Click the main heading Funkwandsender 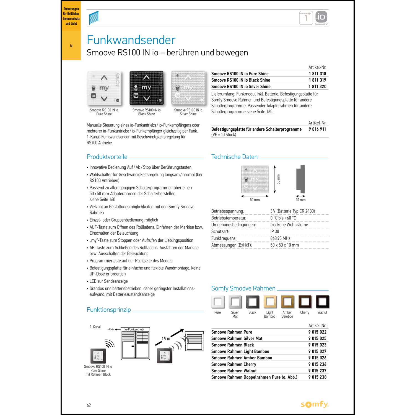tap(131, 40)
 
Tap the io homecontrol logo tap(321, 17)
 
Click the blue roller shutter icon tap(94, 18)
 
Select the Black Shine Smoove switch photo tap(146, 88)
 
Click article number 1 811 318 tap(317, 74)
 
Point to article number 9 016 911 tap(317, 129)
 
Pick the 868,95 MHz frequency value tap(280, 238)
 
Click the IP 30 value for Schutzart tap(275, 231)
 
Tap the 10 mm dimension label tap(301, 200)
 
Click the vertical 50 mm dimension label tap(278, 179)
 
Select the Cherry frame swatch tap(305, 302)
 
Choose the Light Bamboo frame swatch tap(270, 302)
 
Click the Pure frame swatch tap(218, 302)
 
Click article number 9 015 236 tap(317, 364)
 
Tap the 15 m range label tap(166, 339)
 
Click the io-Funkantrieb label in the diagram tap(134, 330)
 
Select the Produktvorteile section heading tap(107, 157)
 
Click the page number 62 tap(89, 405)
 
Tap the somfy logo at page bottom tap(315, 404)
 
